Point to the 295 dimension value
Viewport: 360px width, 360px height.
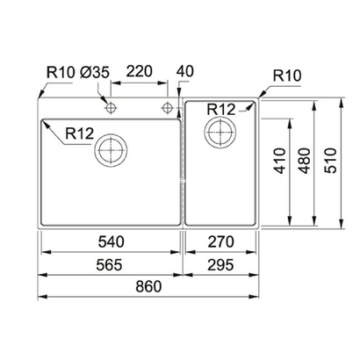point(220,262)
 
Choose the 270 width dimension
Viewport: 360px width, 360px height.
point(220,239)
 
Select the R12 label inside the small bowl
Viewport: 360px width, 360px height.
point(222,108)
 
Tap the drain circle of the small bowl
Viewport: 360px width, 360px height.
point(216,133)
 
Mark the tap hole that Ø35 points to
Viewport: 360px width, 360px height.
point(112,108)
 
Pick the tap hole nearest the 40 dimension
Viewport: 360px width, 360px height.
point(167,108)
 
